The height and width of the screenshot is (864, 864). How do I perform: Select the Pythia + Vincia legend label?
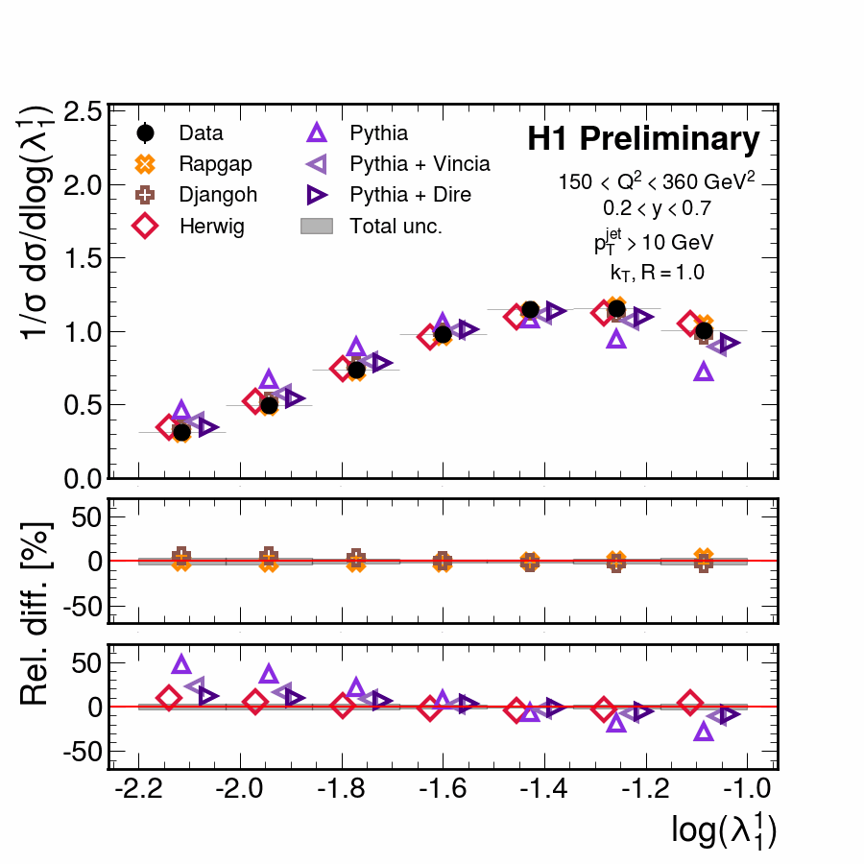click(420, 163)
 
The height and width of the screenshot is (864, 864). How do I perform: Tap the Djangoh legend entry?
click(218, 195)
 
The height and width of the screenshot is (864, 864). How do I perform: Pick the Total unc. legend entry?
click(396, 227)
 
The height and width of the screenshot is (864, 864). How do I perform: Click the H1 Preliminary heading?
click(643, 140)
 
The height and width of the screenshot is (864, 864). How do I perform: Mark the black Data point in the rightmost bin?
click(704, 330)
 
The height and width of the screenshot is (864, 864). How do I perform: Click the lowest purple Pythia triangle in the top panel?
click(704, 371)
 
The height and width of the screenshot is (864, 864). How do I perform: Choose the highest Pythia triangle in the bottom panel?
click(181, 663)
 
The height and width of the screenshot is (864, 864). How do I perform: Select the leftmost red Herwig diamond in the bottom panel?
click(169, 698)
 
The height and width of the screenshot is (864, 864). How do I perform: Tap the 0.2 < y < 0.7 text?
click(650, 206)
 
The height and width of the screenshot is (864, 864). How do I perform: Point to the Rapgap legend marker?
click(146, 164)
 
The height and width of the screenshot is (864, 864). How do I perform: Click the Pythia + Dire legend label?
click(410, 195)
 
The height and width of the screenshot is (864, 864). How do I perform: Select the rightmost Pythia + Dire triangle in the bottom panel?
click(729, 713)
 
